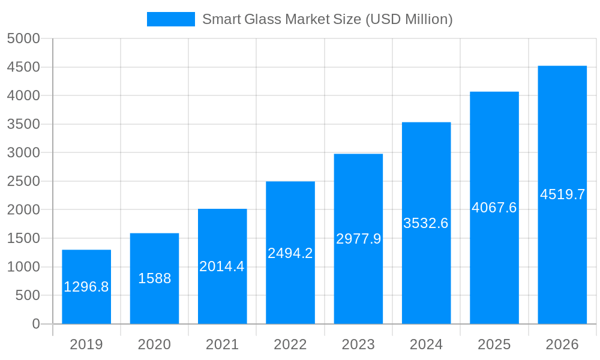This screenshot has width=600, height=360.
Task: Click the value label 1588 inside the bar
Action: point(154,278)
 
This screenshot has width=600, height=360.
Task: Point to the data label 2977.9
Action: point(358,239)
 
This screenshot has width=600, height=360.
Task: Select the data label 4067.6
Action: point(494,208)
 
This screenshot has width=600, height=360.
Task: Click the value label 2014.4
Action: point(222,266)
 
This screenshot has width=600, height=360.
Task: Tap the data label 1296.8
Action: point(86,287)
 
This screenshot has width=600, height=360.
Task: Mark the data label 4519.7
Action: point(562,194)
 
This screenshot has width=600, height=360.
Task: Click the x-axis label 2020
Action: point(154,344)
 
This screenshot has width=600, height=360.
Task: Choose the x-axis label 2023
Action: point(358,344)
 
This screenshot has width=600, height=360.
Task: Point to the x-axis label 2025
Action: point(494,344)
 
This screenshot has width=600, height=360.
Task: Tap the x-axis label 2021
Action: point(222,344)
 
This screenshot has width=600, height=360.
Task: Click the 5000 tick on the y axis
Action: point(23,39)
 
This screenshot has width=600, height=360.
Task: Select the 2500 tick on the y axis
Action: point(23,181)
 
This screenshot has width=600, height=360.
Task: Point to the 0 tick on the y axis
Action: point(36,324)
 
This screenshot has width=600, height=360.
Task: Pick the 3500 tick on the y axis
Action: point(23,124)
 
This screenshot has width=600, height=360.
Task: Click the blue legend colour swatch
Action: point(171,19)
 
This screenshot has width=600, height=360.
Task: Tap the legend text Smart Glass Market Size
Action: point(327,19)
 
